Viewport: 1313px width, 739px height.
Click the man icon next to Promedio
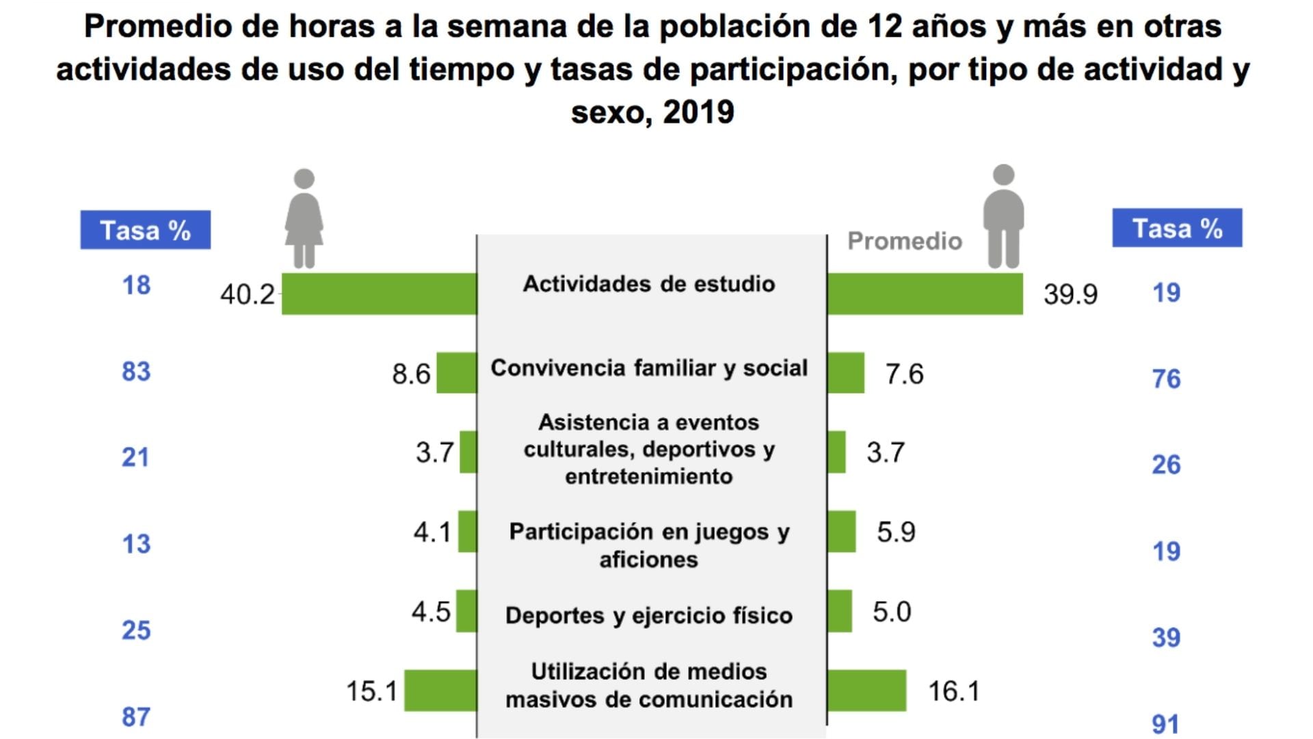point(1003,216)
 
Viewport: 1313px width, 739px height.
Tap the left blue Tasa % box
point(145,230)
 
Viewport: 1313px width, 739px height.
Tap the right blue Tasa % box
point(1177,228)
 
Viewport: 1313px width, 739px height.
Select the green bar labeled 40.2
point(379,294)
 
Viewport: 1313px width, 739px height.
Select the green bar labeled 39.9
point(925,294)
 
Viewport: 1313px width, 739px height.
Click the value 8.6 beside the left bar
point(411,374)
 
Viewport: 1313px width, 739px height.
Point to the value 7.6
point(904,374)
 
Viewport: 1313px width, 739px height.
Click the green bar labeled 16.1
point(866,690)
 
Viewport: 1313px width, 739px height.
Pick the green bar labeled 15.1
point(440,690)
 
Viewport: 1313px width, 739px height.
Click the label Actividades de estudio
point(649,284)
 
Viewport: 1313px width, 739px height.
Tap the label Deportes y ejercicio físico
point(649,616)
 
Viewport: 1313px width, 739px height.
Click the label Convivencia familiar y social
point(649,368)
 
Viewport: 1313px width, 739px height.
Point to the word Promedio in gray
point(904,241)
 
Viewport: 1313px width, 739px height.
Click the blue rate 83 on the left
point(136,372)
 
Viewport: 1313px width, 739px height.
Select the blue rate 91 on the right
point(1166,724)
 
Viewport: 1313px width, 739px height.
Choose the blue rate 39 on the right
point(1166,638)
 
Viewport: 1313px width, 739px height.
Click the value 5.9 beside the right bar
point(896,532)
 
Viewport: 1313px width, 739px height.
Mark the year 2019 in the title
point(698,112)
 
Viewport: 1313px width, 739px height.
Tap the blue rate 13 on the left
point(136,544)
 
